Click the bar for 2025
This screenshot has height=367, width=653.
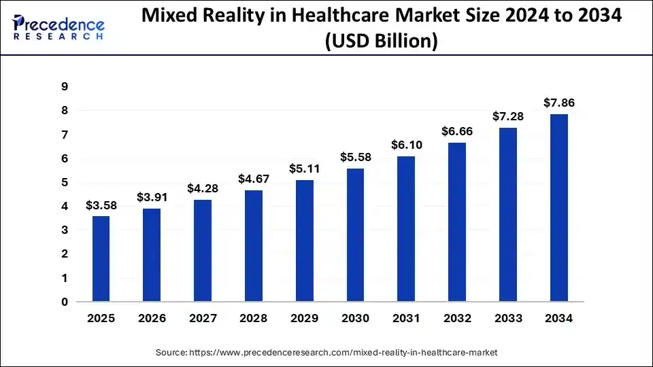(x=101, y=259)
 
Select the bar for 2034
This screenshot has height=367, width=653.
(x=559, y=208)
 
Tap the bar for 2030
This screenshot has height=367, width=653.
(x=355, y=235)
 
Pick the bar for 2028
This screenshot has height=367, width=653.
(x=254, y=246)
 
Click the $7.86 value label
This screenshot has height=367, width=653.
(x=559, y=103)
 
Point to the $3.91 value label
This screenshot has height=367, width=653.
(x=152, y=197)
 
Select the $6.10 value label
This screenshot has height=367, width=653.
(x=406, y=145)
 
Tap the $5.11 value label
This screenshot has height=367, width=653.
(x=305, y=169)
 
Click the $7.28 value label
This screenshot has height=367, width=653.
(x=508, y=116)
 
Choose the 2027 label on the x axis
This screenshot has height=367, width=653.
(x=203, y=318)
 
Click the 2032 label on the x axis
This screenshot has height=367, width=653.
(x=457, y=318)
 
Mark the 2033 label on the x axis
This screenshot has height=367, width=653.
(x=508, y=318)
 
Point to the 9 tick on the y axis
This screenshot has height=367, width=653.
(x=65, y=86)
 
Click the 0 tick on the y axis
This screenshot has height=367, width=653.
(x=65, y=302)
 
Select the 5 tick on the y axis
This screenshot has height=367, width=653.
(x=65, y=182)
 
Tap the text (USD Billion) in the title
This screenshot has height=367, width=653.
(x=381, y=41)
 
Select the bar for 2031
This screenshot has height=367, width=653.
(x=406, y=229)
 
